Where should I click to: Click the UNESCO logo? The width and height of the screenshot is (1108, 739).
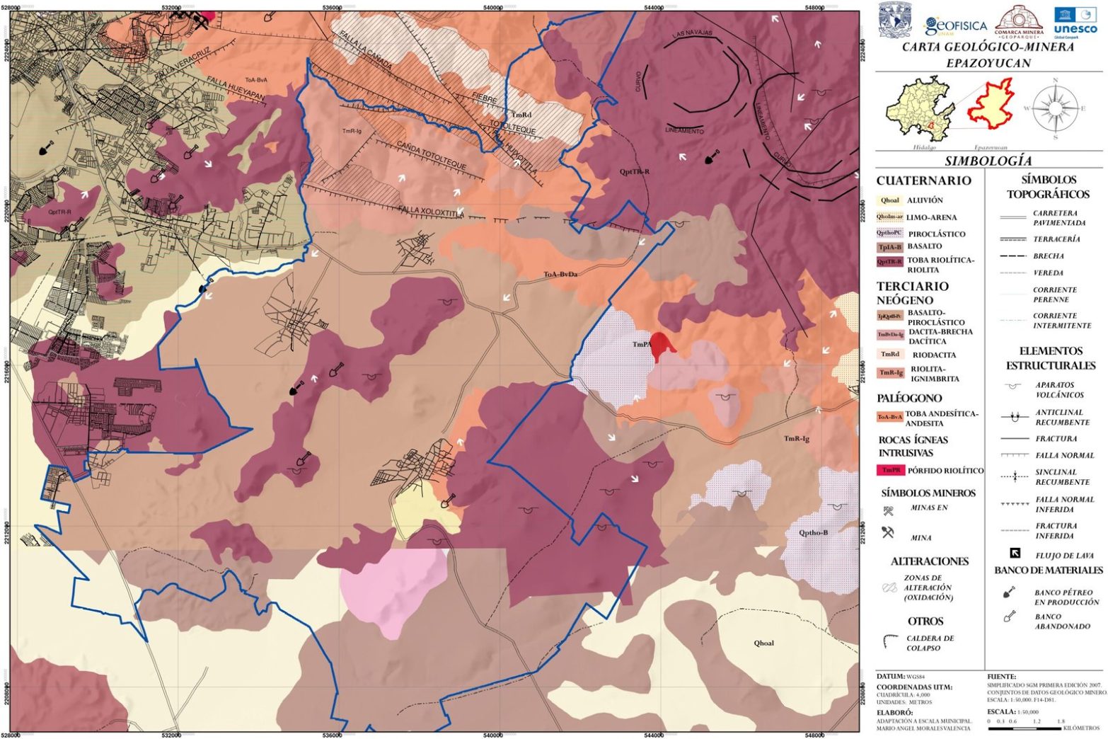[x=1075, y=21]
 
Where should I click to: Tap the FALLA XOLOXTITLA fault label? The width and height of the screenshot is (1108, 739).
[x=431, y=212]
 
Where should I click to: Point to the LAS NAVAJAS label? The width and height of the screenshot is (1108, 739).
[x=692, y=33]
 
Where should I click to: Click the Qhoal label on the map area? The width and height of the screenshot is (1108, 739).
[x=763, y=643]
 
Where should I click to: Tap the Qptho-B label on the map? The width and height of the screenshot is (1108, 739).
[x=813, y=532]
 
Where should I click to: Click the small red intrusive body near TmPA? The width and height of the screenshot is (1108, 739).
[x=662, y=345]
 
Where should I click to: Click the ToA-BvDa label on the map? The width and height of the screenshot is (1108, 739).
[x=560, y=274]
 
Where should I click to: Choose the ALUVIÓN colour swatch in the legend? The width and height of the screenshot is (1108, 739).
[x=890, y=200]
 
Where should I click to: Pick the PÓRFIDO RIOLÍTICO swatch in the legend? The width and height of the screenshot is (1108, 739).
[x=891, y=470]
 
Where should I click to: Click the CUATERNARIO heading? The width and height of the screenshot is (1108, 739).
[x=923, y=181]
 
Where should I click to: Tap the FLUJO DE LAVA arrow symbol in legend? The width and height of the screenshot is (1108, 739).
[x=1015, y=554]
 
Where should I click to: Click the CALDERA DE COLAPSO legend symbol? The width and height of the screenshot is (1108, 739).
[x=890, y=642]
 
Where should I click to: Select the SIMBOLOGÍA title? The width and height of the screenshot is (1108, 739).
[x=988, y=161]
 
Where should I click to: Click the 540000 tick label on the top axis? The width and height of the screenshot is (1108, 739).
[x=492, y=7]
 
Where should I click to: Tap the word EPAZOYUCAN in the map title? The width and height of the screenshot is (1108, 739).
[x=988, y=63]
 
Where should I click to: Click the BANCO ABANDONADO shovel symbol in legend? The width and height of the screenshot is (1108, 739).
[x=1010, y=617]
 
